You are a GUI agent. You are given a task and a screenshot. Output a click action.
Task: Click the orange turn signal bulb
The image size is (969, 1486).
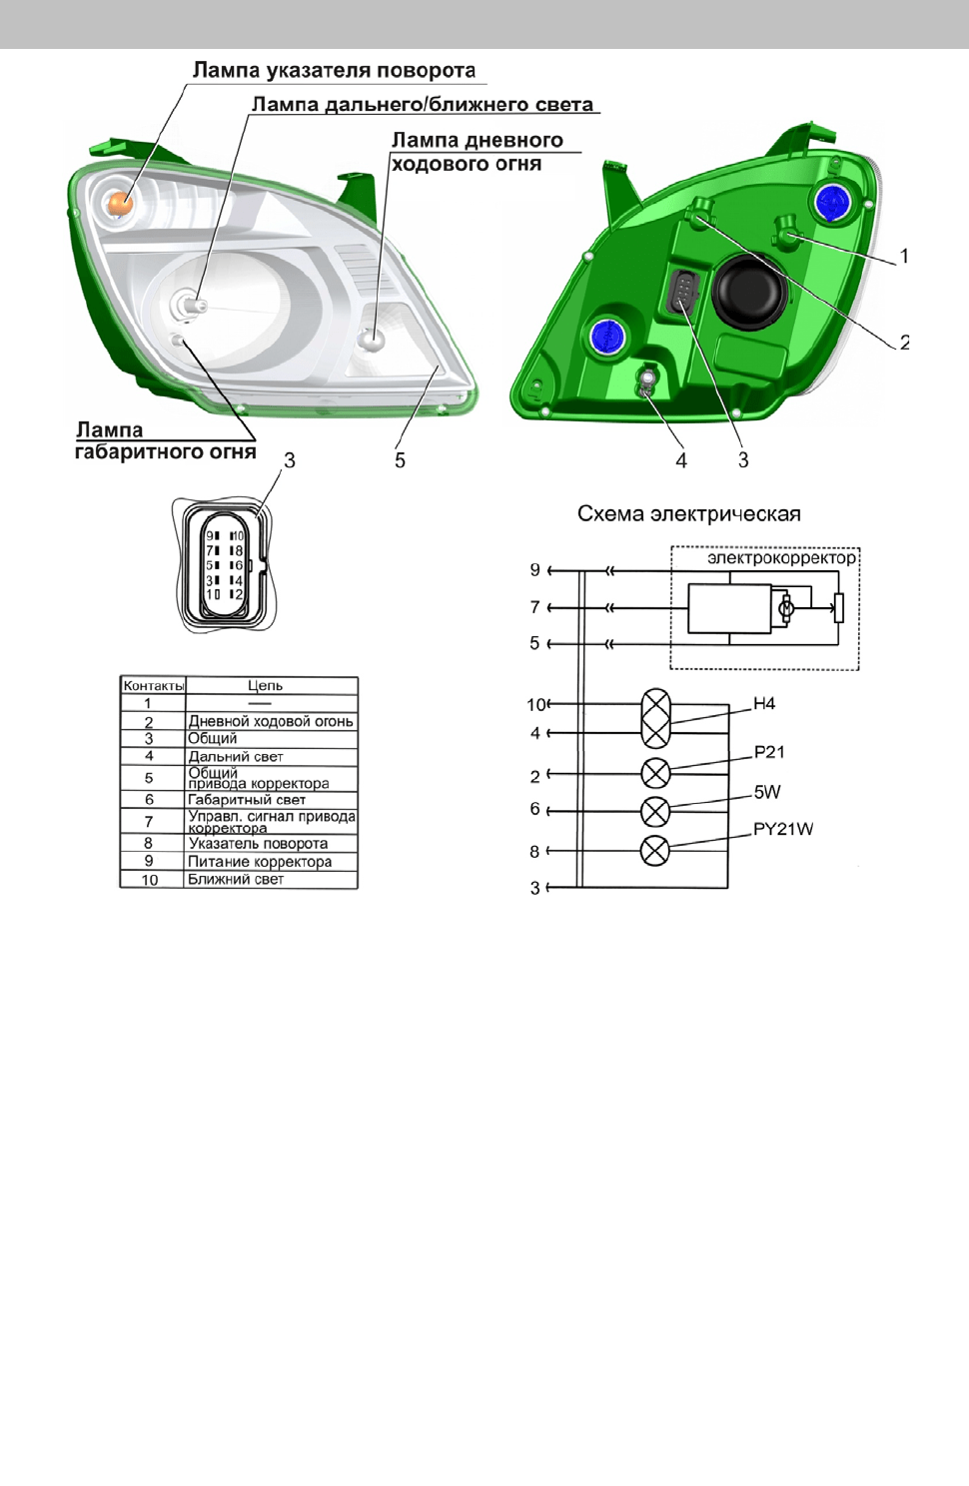pos(120,203)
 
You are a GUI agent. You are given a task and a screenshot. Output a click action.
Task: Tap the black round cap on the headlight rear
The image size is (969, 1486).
pos(750,290)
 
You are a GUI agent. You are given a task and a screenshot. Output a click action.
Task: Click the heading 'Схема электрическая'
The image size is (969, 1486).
pos(689,514)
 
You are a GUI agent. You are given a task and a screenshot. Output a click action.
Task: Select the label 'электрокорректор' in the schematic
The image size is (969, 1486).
pos(782,558)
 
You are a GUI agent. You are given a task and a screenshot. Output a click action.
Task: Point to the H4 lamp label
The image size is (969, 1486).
pos(764,704)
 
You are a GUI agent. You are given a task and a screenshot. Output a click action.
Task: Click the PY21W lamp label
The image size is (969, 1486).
pos(783,829)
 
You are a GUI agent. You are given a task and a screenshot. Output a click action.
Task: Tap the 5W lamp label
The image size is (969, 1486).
pos(766,791)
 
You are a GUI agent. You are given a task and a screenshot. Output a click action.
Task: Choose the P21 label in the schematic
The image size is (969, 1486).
pos(768,752)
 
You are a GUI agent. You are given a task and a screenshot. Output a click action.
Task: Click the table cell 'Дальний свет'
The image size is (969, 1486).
pos(236,756)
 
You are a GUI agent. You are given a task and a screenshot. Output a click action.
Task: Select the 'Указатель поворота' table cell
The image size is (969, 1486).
pos(258,843)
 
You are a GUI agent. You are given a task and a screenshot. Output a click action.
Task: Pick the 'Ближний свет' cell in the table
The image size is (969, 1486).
pos(236,879)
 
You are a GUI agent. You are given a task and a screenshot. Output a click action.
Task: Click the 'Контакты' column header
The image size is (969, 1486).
pos(153,686)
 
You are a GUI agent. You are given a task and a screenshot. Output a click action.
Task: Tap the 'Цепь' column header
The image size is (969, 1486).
pos(265,686)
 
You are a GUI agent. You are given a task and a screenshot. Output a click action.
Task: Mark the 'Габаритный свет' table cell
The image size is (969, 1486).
pos(247,800)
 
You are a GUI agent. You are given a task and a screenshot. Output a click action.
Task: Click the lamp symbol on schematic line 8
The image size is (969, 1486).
pos(655,851)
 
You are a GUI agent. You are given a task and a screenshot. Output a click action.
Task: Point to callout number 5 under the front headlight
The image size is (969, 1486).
pos(400,460)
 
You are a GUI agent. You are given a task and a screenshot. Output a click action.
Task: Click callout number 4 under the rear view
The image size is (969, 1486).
pos(681,460)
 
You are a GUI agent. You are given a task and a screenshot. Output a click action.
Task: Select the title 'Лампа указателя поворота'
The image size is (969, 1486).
pos(334,70)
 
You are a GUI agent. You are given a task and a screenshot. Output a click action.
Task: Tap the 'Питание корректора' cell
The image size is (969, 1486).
pos(260,862)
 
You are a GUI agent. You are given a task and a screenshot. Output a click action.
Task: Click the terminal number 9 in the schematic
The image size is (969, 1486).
pos(534,570)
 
